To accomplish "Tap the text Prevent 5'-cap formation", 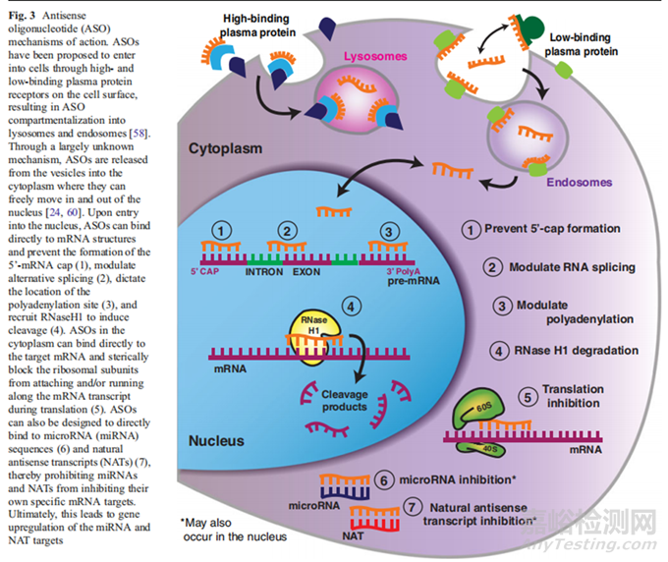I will [x=564, y=229].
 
